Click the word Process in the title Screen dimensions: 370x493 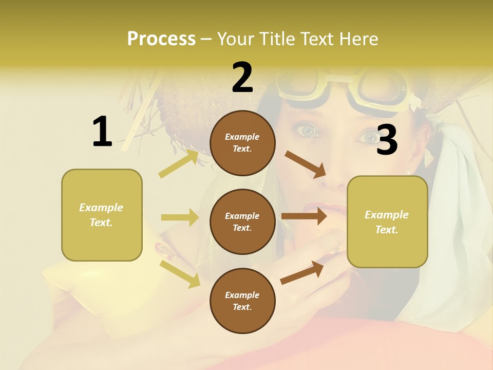click(161, 39)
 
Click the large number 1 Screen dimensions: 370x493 click(102, 132)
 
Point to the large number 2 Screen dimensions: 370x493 click(242, 78)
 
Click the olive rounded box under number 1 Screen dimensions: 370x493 click(102, 215)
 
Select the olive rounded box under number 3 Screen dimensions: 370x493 click(387, 222)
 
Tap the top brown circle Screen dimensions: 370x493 click(242, 143)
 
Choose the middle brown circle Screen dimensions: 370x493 click(242, 221)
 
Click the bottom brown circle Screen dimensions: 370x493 click(242, 301)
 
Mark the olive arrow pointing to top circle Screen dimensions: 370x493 click(178, 164)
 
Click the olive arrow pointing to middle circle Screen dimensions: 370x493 click(180, 217)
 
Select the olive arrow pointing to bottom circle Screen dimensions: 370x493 click(180, 273)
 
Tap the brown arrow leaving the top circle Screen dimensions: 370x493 click(306, 164)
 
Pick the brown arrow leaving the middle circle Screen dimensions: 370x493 click(304, 216)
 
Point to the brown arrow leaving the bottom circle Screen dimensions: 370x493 click(302, 272)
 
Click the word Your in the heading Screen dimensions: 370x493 click(234, 39)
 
